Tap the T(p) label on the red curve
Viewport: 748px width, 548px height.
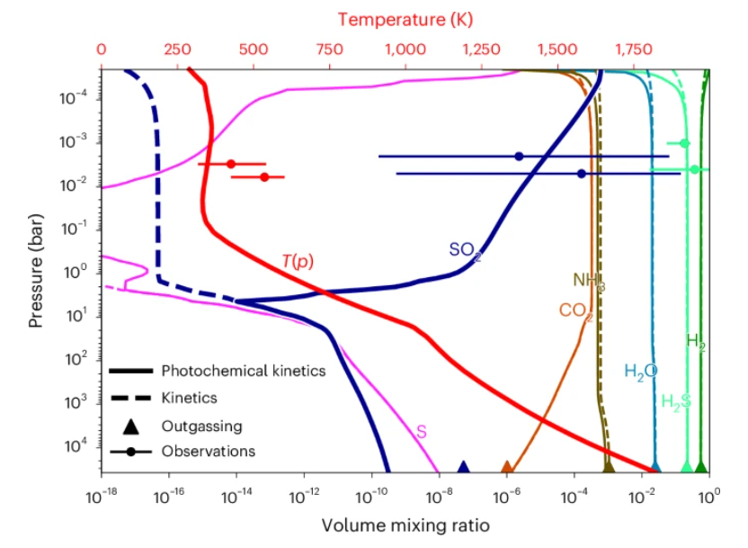[298, 261]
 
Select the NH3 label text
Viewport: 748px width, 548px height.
[589, 282]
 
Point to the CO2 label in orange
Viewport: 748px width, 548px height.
[576, 311]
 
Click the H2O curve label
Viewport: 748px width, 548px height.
[641, 371]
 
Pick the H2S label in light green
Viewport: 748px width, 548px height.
[676, 400]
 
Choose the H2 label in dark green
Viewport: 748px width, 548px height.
[696, 340]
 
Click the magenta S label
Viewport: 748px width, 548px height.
[421, 432]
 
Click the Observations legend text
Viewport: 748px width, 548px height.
[209, 451]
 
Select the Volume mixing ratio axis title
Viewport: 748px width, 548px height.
[405, 523]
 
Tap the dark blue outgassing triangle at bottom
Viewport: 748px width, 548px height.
[464, 467]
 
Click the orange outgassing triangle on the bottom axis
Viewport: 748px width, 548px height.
[507, 467]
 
